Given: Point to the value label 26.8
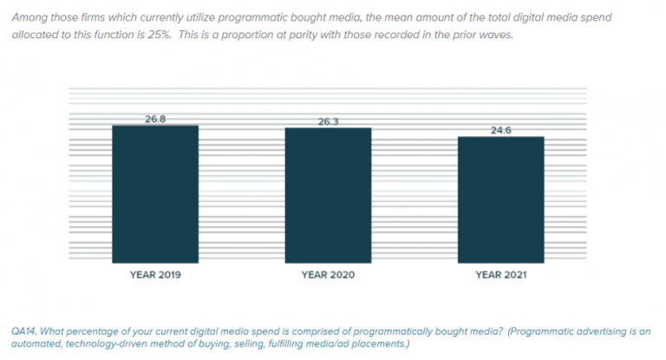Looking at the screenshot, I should (x=155, y=118).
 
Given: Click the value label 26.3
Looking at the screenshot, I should (x=328, y=121).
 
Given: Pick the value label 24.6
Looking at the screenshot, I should (x=501, y=130).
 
